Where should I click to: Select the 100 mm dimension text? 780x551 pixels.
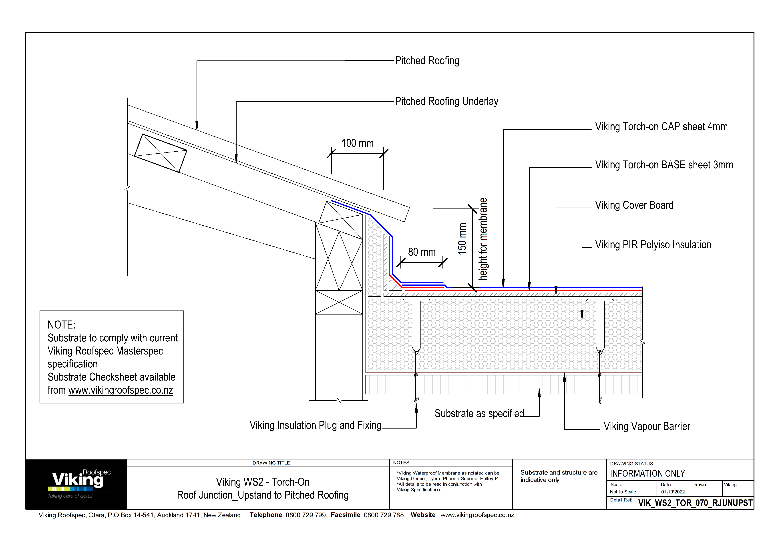pyautogui.click(x=357, y=143)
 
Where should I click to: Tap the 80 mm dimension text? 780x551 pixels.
pyautogui.click(x=422, y=252)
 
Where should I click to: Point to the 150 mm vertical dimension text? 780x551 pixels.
pyautogui.click(x=462, y=239)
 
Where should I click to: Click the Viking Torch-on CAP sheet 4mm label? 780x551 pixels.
pyautogui.click(x=661, y=127)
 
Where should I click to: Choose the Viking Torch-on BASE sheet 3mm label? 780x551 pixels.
pyautogui.click(x=664, y=165)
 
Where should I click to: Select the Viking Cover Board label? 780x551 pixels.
pyautogui.click(x=634, y=205)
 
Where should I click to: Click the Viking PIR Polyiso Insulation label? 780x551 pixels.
pyautogui.click(x=653, y=245)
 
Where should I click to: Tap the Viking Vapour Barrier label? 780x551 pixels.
pyautogui.click(x=647, y=426)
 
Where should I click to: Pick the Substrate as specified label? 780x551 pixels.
pyautogui.click(x=479, y=413)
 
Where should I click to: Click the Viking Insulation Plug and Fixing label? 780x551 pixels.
pyautogui.click(x=315, y=425)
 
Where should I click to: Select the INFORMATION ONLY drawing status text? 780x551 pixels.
pyautogui.click(x=647, y=474)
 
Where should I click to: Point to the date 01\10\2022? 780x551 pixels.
pyautogui.click(x=673, y=492)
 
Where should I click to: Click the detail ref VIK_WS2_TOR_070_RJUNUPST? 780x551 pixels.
pyautogui.click(x=695, y=503)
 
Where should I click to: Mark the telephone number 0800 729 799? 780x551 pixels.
pyautogui.click(x=306, y=515)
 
